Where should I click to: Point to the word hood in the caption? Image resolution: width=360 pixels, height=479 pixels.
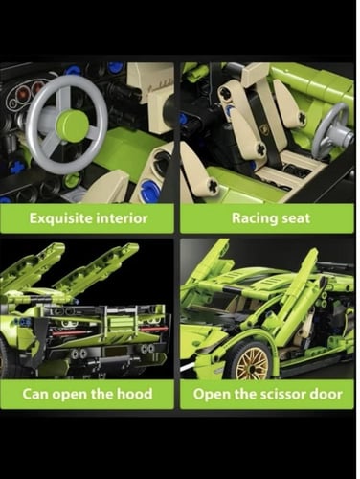coord(134,394)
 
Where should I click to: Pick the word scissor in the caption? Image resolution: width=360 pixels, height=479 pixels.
coord(280,394)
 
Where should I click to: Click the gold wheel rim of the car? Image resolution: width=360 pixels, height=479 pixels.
coord(253,362)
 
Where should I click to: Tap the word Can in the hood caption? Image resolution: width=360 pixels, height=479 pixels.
coord(34,394)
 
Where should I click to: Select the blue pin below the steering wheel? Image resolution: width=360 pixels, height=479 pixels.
coord(16,167)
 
